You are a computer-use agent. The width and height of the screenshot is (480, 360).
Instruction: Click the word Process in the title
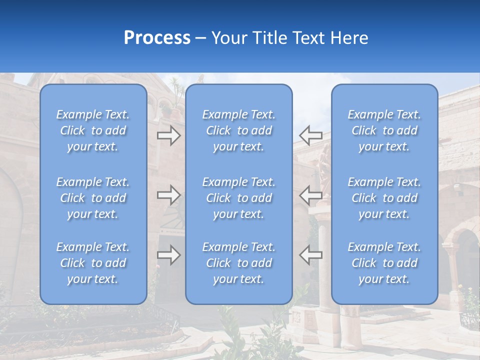[157, 38]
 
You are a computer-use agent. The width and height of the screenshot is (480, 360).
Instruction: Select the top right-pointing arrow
[168, 135]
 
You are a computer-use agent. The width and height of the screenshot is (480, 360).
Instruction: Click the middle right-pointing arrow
[168, 195]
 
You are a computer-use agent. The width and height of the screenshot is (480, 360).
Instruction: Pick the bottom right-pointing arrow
[168, 255]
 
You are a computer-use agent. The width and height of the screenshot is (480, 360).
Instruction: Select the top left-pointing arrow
[311, 135]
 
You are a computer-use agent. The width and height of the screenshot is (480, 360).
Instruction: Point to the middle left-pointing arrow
[311, 195]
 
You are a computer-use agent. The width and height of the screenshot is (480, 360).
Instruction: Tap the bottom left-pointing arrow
[311, 255]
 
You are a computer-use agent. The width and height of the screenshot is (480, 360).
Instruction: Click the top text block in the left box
[93, 130]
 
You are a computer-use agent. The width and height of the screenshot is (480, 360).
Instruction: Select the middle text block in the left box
[93, 198]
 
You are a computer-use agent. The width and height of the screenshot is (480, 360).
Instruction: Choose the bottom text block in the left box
[93, 263]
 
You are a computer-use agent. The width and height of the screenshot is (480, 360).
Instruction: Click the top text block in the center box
[238, 130]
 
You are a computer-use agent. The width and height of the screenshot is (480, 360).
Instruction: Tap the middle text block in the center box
[238, 198]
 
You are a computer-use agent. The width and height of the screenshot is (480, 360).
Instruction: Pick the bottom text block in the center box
[238, 263]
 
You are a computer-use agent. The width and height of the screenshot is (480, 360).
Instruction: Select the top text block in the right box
[384, 130]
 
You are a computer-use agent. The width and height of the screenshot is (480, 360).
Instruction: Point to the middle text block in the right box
[384, 198]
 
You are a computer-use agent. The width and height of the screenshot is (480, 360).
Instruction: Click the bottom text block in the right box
[384, 263]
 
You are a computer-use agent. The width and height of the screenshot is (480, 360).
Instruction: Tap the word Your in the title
[228, 38]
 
